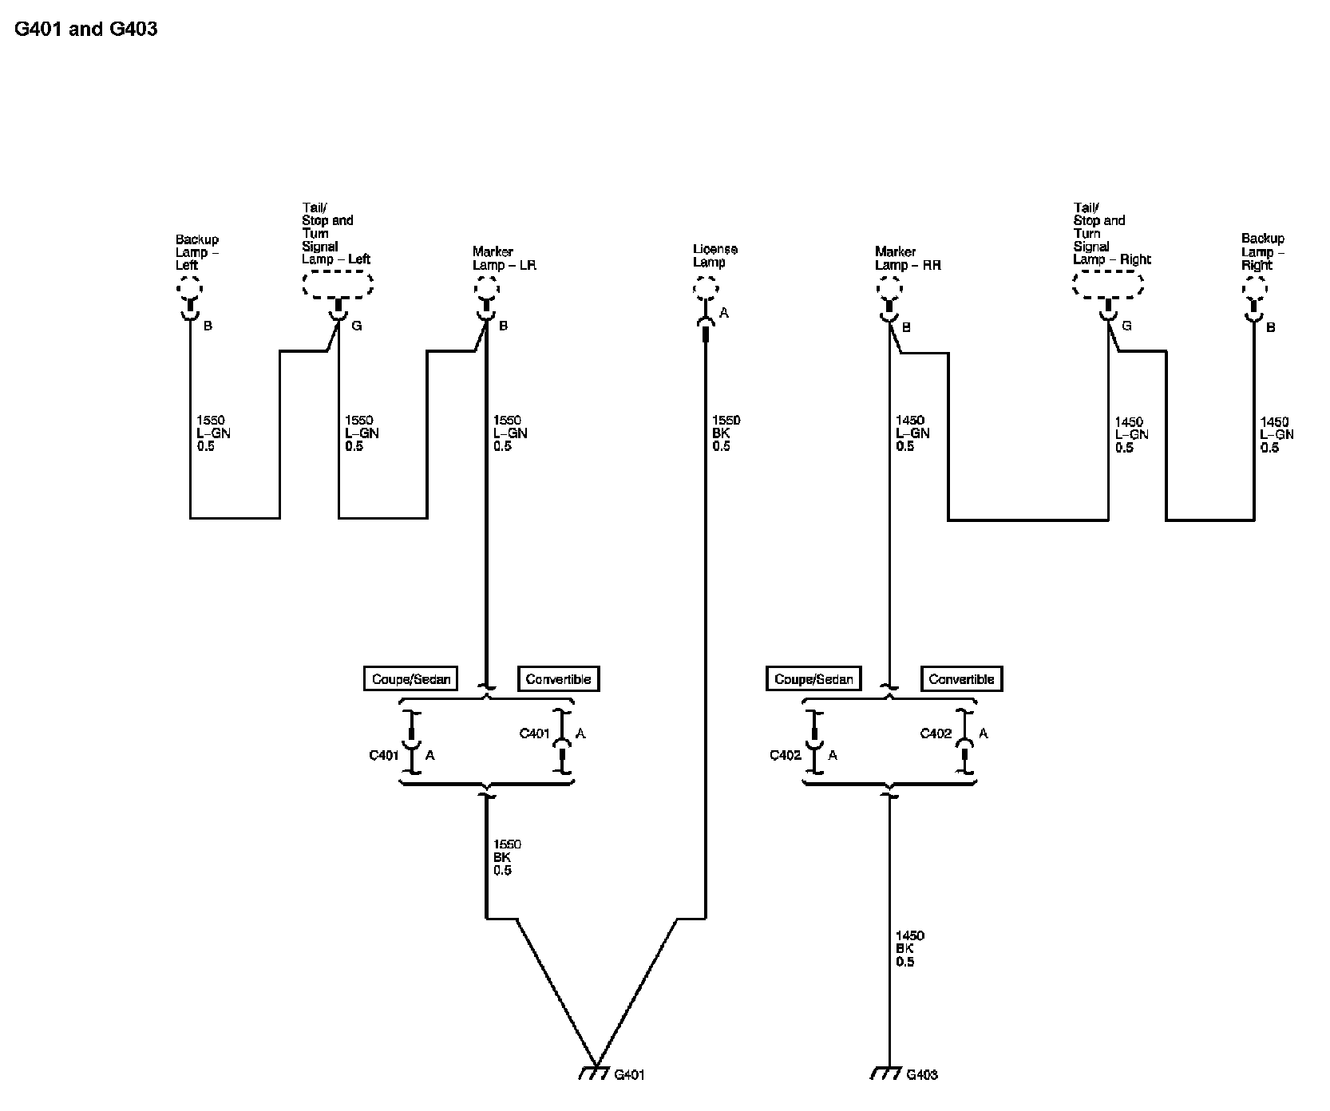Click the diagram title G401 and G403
click(86, 30)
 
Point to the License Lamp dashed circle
click(705, 287)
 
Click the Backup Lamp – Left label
click(196, 252)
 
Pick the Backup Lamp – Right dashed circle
click(1253, 287)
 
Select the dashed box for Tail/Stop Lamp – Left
click(338, 283)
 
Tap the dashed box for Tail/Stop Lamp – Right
click(1108, 283)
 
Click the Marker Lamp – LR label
click(503, 258)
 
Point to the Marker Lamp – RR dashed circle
click(889, 287)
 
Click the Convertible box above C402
click(961, 679)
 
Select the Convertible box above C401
click(559, 679)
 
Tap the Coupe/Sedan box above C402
click(813, 679)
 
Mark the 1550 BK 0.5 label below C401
click(507, 857)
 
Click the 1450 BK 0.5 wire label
click(909, 948)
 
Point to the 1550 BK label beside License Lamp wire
click(726, 433)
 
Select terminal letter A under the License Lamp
click(724, 314)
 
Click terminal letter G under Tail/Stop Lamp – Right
click(1126, 326)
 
